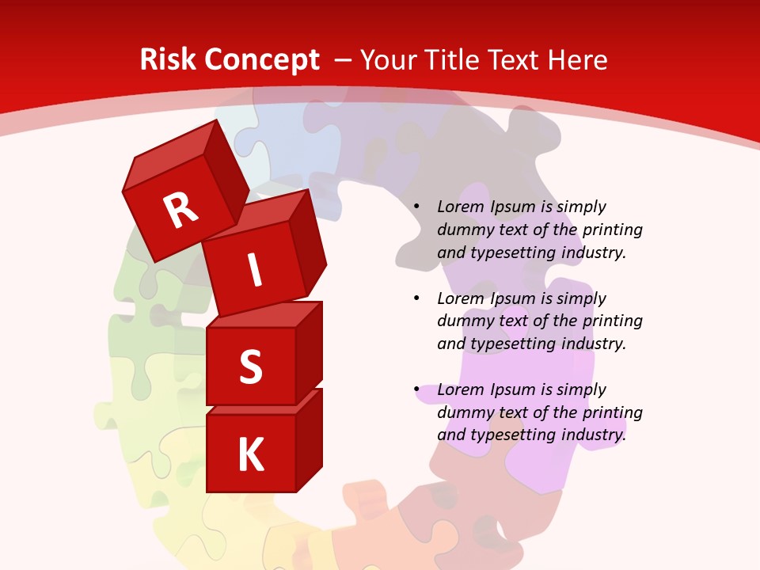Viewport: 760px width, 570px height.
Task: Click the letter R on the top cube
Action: point(180,210)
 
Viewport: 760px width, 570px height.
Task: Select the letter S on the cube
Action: point(250,367)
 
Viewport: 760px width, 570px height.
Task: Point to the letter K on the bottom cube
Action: point(250,454)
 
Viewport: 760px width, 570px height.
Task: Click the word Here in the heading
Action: point(579,59)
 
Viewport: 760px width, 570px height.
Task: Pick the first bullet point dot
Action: point(416,207)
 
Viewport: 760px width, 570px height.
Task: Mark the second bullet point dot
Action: point(416,298)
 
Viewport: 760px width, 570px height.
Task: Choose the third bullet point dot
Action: point(416,389)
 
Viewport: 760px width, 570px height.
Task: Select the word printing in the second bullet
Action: point(612,321)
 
